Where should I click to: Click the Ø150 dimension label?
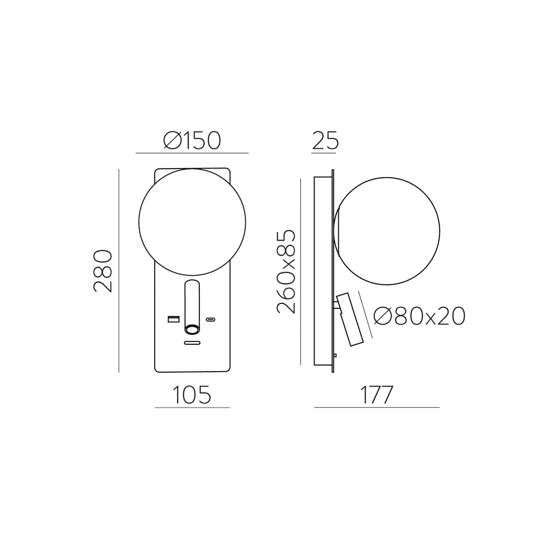point(192,140)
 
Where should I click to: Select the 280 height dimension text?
point(103,271)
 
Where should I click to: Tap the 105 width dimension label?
point(192,395)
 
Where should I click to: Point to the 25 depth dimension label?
point(325,140)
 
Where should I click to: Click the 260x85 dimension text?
point(286,272)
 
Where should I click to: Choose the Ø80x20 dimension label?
point(419,316)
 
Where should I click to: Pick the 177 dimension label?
point(376,395)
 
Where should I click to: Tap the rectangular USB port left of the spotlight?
point(173,320)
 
